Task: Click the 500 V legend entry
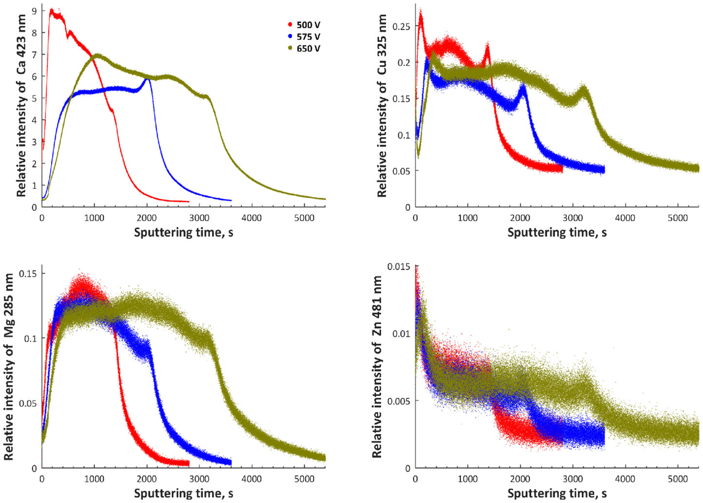(304, 25)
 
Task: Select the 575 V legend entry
(304, 37)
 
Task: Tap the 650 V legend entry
(304, 49)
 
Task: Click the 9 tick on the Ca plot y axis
(34, 11)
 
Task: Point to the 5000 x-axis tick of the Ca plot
(304, 218)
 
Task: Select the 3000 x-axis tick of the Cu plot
(573, 218)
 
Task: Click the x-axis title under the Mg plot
(184, 493)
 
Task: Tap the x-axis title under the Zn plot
(557, 493)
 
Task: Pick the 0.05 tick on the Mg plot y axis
(28, 403)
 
